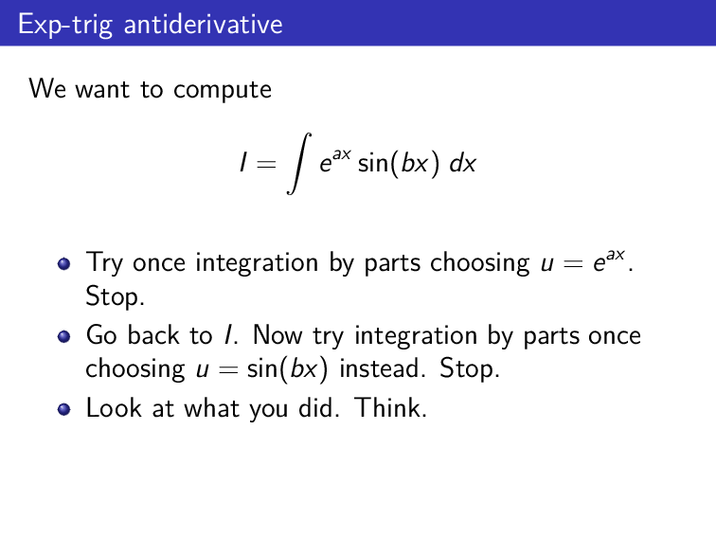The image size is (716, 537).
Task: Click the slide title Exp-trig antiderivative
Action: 150,24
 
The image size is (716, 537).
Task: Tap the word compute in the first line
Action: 223,90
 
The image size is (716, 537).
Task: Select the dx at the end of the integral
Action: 462,164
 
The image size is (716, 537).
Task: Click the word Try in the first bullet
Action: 105,263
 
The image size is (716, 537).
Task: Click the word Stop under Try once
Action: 115,297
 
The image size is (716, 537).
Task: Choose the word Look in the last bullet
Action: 110,409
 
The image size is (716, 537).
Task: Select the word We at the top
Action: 46,90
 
